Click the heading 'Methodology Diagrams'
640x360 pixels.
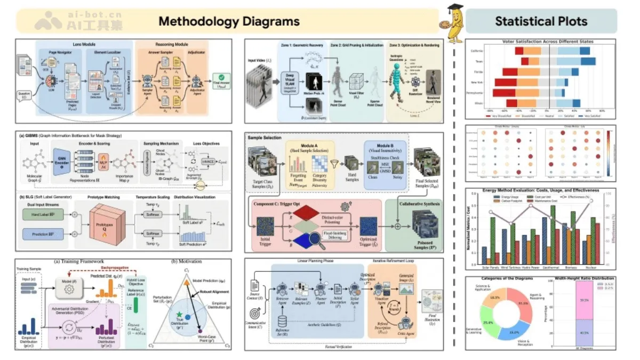point(229,21)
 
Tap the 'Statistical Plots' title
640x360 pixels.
point(541,21)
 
